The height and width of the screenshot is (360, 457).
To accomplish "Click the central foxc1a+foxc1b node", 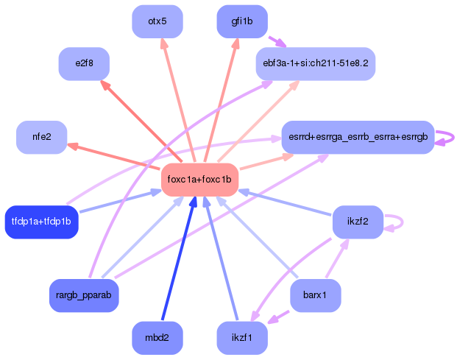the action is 200,180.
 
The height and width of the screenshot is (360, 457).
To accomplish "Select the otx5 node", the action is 157,21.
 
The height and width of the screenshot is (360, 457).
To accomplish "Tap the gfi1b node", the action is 242,21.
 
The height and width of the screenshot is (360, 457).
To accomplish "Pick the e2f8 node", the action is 84,63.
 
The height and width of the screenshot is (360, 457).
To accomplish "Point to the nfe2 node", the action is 42,137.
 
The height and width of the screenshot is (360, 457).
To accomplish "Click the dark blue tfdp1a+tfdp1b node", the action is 42,222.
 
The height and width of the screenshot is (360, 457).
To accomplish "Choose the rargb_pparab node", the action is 84,295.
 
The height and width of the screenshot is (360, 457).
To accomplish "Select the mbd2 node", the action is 157,338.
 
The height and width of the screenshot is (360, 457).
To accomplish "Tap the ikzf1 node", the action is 242,338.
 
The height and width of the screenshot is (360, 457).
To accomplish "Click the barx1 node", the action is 316,295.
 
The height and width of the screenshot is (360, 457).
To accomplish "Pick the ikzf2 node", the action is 358,222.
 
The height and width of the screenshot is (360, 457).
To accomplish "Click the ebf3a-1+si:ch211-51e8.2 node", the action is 316,63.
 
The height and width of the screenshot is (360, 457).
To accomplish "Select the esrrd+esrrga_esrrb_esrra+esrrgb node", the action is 358,137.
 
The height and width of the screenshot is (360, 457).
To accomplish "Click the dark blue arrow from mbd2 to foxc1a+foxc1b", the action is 179,258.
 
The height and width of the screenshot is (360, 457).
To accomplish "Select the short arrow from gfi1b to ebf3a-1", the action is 277,42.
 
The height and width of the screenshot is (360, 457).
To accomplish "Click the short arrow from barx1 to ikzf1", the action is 278,317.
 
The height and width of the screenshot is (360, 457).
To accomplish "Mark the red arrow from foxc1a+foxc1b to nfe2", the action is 113,156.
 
